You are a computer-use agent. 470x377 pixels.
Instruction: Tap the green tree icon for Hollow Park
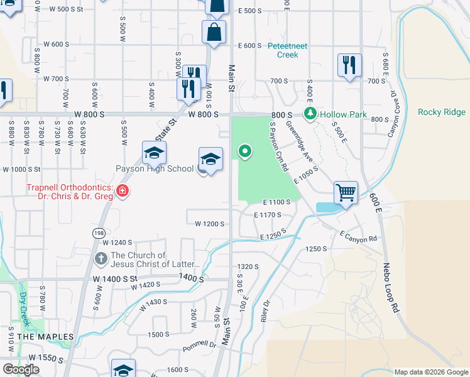(x=310, y=114)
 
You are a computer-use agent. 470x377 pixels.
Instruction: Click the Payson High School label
(x=155, y=168)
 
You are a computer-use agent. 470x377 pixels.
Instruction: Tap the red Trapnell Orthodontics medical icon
(x=122, y=190)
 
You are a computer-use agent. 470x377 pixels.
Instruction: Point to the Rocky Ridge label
(x=442, y=112)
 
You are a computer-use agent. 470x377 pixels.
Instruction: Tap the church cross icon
(x=101, y=259)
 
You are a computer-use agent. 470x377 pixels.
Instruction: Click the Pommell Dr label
(x=199, y=345)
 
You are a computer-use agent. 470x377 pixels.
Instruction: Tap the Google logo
(x=21, y=369)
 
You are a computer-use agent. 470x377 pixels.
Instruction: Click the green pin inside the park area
(x=244, y=151)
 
